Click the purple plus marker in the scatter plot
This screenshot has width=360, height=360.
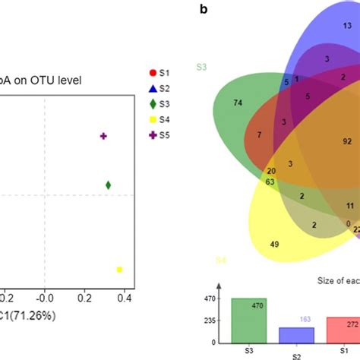point(104,136)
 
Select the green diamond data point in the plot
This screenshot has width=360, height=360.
point(109,185)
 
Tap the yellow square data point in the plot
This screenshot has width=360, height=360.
point(119,270)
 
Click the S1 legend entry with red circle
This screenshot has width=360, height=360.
point(160,73)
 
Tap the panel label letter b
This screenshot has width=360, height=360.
point(203,10)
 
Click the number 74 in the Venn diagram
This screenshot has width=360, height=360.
point(238,103)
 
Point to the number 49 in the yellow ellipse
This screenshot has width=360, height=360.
point(275,244)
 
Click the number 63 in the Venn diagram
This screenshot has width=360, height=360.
point(270,182)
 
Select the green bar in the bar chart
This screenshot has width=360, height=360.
point(249,322)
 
